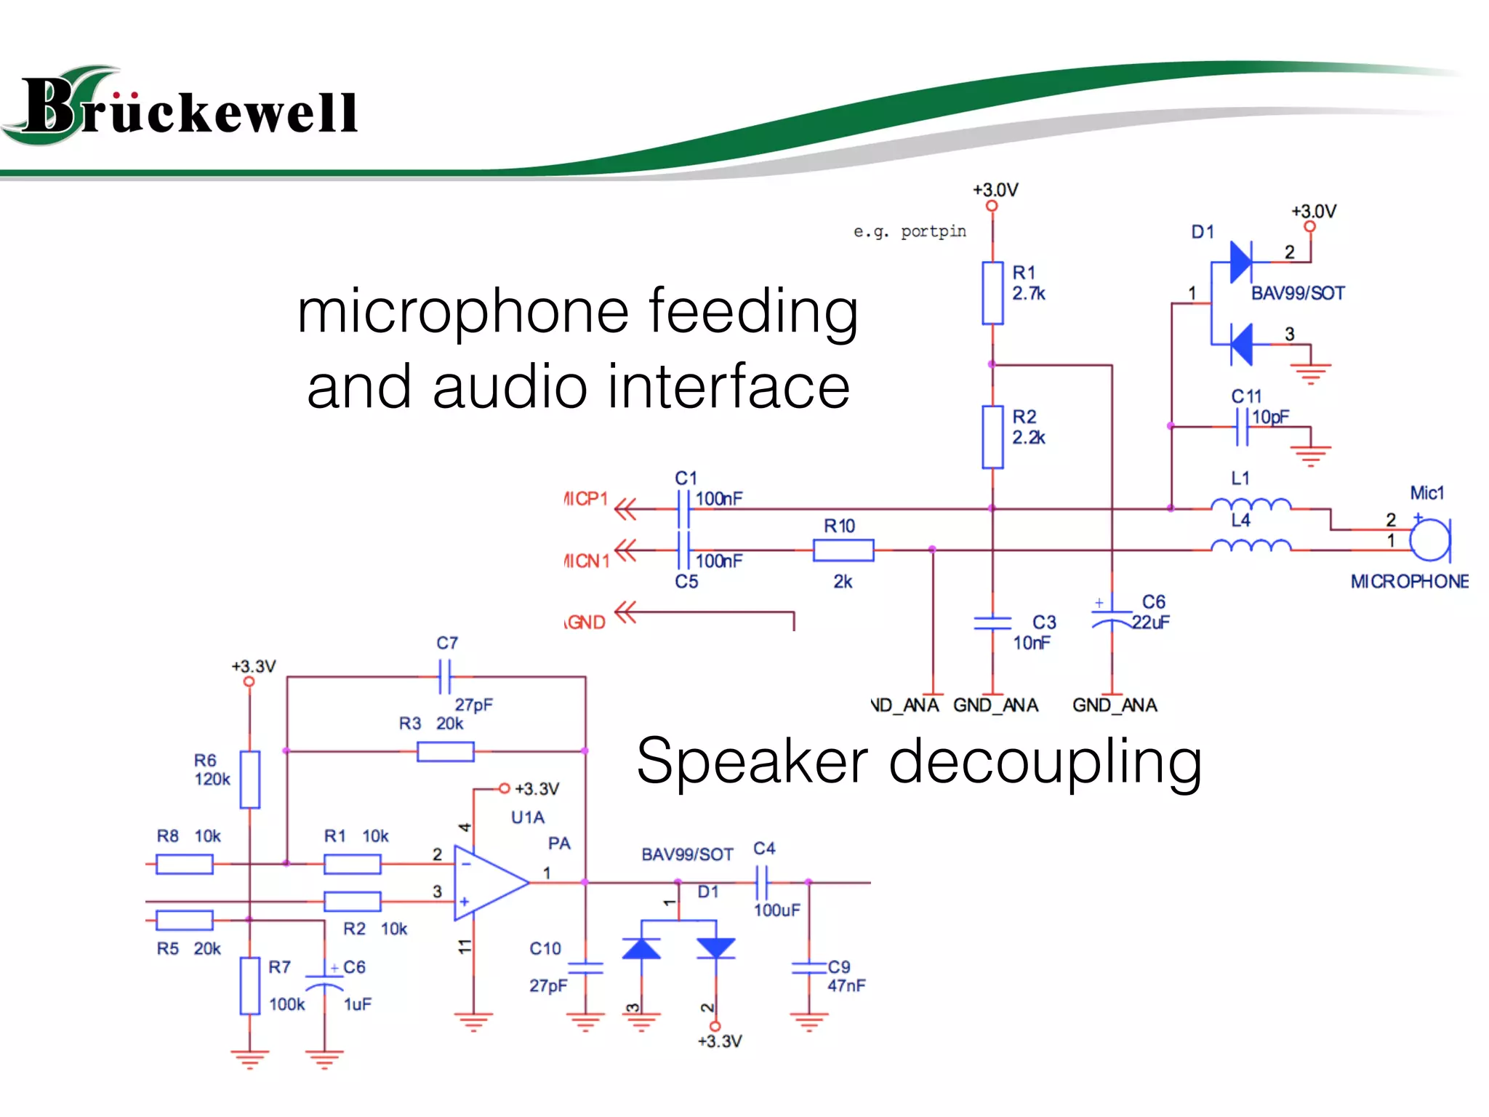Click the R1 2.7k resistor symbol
pyautogui.click(x=992, y=293)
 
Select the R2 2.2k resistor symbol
pyautogui.click(x=992, y=437)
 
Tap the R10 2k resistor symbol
pyautogui.click(x=843, y=551)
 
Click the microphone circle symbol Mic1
pyautogui.click(x=1429, y=540)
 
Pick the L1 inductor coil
pyautogui.click(x=1251, y=504)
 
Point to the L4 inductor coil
pyautogui.click(x=1251, y=545)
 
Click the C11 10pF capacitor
pyautogui.click(x=1243, y=427)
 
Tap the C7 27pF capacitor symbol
pyautogui.click(x=445, y=677)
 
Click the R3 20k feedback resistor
pyautogui.click(x=446, y=751)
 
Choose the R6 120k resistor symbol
pyautogui.click(x=250, y=780)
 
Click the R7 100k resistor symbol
pyautogui.click(x=250, y=986)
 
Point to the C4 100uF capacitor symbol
pyautogui.click(x=762, y=883)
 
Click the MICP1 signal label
pyautogui.click(x=586, y=500)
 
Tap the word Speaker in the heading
pyautogui.click(x=752, y=762)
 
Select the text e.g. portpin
pyautogui.click(x=910, y=231)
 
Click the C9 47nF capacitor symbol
pyautogui.click(x=808, y=968)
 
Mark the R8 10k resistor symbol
pyautogui.click(x=185, y=864)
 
